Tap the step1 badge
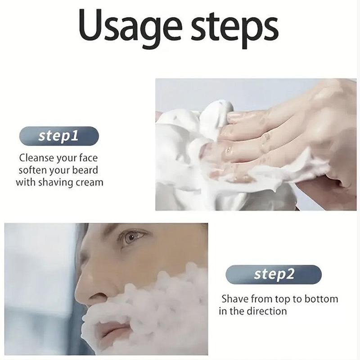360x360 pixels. pos(59,136)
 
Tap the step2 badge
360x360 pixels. pos(274,274)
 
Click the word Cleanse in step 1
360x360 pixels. pos(36,158)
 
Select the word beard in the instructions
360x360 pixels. pos(85,170)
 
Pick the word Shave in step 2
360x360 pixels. pos(235,299)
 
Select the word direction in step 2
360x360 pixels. pos(267,311)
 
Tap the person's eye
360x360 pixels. pos(132,238)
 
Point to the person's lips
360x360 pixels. pos(112,329)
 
